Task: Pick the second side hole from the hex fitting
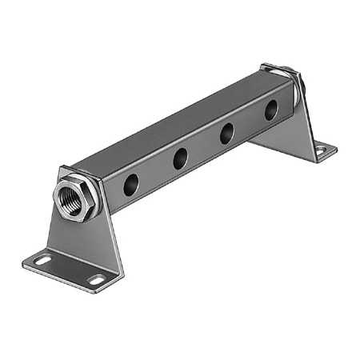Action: tap(180, 158)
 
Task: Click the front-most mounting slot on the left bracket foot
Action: tap(97, 280)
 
